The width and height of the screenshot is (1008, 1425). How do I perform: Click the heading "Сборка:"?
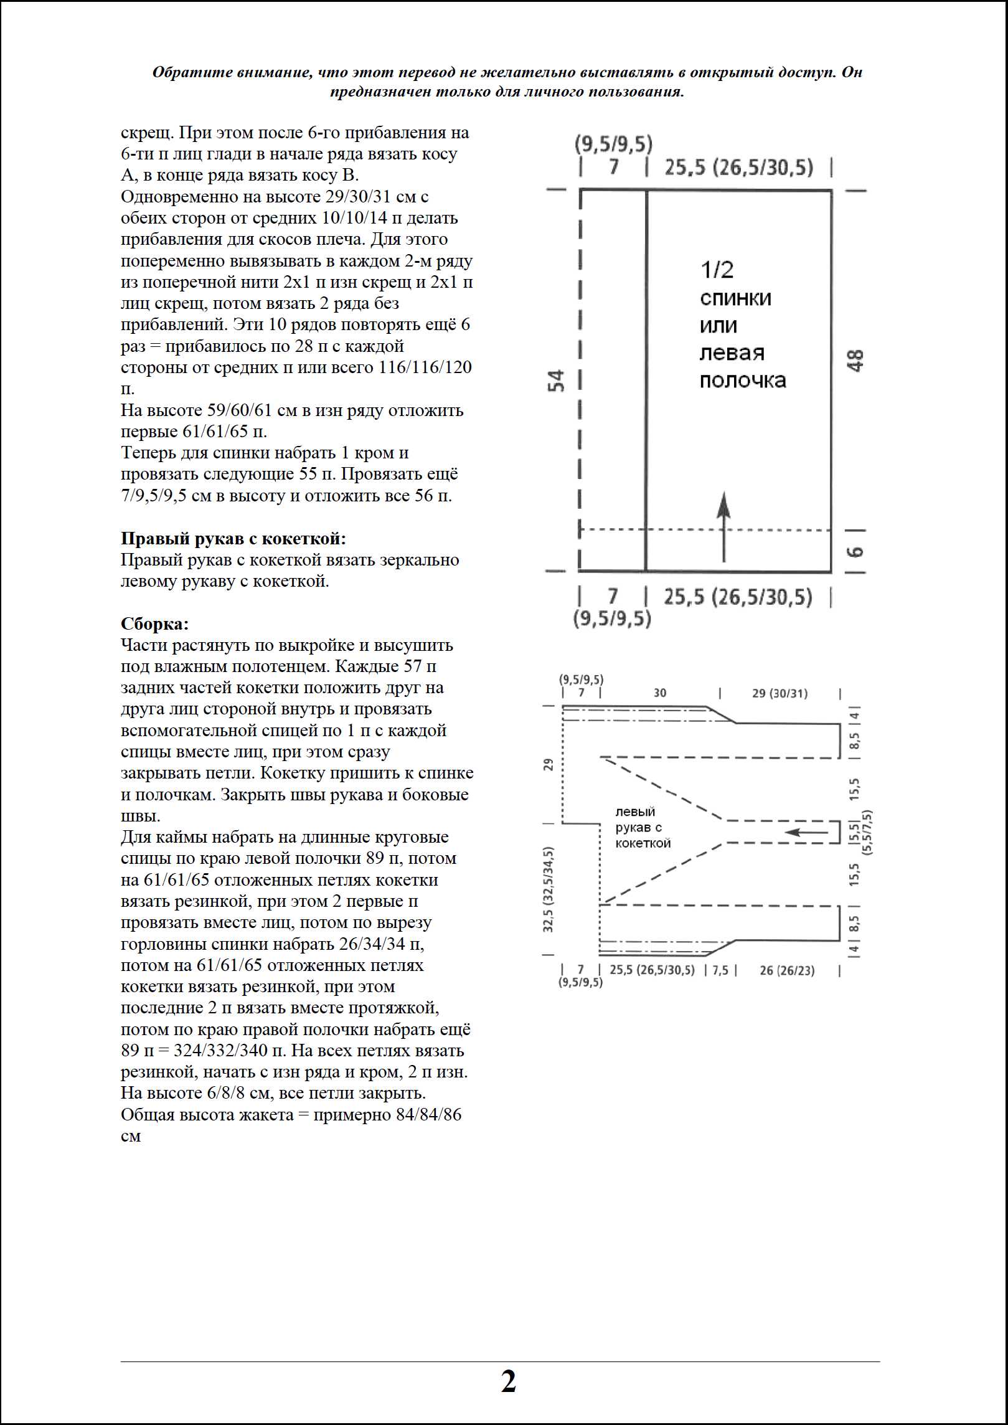(x=154, y=623)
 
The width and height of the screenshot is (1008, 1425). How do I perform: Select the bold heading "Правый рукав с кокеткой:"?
(x=233, y=538)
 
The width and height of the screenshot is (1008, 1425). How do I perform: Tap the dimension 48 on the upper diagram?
(x=856, y=361)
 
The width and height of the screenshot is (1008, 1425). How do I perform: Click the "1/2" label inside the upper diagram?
(x=717, y=270)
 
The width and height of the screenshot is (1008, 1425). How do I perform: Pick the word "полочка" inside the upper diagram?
(x=743, y=381)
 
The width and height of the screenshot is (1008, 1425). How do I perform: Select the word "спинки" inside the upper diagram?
(x=735, y=298)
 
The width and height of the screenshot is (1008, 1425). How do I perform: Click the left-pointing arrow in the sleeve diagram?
(x=806, y=832)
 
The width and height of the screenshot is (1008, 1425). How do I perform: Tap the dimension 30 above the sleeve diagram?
(x=660, y=693)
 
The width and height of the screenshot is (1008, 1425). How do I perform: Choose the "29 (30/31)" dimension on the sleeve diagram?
(x=780, y=693)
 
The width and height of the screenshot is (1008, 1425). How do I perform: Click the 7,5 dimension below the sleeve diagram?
(x=720, y=970)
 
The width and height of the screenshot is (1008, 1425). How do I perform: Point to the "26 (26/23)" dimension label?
(x=787, y=970)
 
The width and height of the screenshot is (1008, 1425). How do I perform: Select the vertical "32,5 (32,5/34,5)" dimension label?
(x=549, y=889)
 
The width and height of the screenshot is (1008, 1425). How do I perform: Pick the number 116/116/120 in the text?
(x=425, y=367)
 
